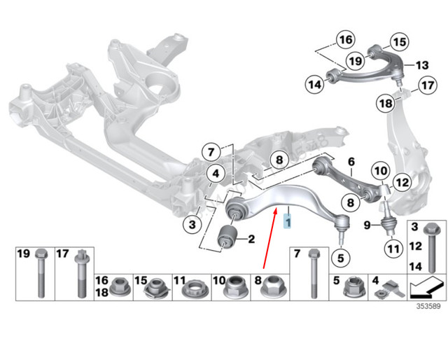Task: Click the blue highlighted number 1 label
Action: point(286,223)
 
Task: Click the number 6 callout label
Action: point(351,161)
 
